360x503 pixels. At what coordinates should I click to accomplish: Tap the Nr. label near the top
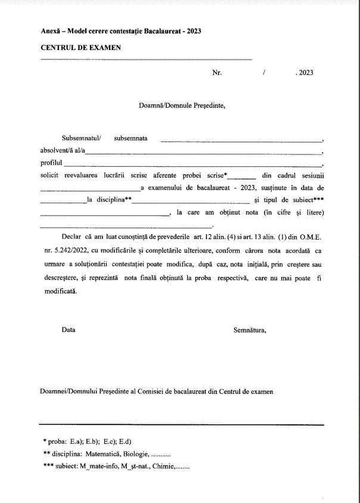click(x=217, y=73)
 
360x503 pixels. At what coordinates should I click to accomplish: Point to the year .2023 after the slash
click(x=304, y=73)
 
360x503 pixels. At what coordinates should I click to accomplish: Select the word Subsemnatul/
click(x=82, y=138)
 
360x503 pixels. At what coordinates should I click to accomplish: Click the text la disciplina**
click(x=110, y=200)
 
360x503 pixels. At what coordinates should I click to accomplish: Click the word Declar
click(x=72, y=237)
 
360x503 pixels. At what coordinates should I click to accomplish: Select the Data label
click(x=69, y=330)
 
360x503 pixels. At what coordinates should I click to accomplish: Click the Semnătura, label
click(x=250, y=330)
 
